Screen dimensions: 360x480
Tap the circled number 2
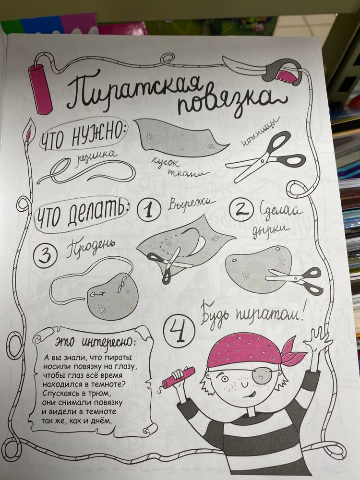point(241,210)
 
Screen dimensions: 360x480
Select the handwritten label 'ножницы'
point(260,132)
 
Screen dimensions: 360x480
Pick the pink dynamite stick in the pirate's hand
point(178,377)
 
